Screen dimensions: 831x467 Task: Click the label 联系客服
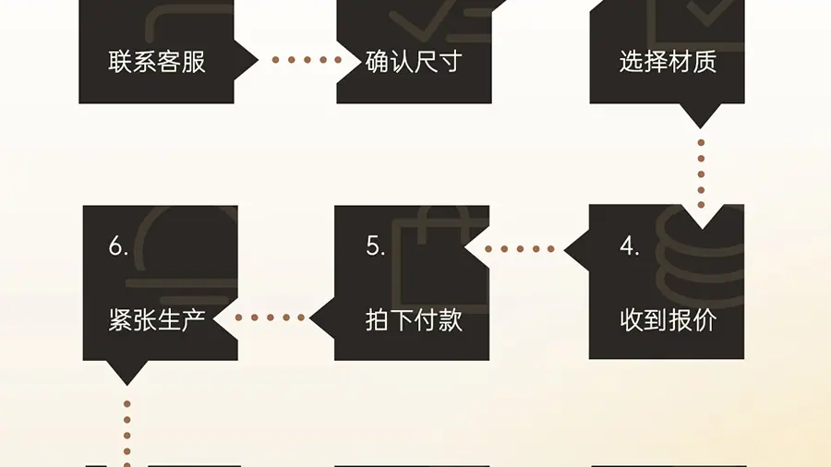[156, 63]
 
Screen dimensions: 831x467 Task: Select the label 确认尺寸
[413, 63]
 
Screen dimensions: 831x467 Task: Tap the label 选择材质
[668, 63]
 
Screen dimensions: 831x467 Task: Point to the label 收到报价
[668, 320]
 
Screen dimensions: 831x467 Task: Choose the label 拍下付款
[413, 320]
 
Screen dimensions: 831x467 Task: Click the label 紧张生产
[156, 320]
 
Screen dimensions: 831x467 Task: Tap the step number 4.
[630, 247]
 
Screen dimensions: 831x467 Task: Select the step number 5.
[375, 247]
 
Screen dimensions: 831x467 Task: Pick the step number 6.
[118, 247]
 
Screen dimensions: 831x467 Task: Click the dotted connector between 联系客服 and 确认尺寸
[307, 60]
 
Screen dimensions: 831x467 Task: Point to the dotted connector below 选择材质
[701, 174]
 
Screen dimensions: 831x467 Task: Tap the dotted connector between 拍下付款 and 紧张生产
[270, 317]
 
